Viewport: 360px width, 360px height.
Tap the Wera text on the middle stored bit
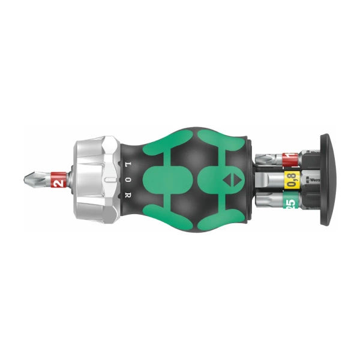[310, 179]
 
